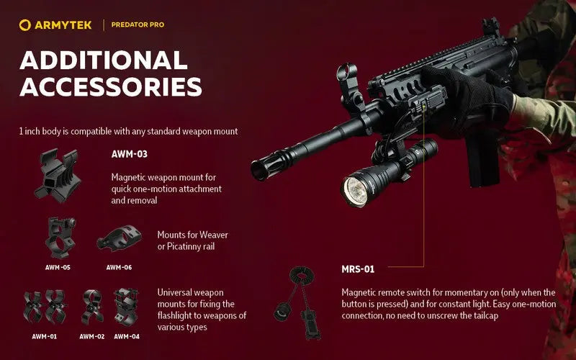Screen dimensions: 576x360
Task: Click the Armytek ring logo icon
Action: point(25,25)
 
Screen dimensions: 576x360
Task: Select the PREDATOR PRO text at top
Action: point(138,25)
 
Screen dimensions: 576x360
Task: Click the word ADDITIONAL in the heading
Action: point(104,60)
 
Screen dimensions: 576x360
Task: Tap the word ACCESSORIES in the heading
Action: point(111,86)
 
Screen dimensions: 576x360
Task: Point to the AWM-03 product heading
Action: point(130,154)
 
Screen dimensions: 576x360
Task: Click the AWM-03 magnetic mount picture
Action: point(58,176)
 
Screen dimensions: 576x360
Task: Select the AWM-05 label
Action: point(58,267)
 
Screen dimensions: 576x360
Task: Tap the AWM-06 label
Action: point(119,267)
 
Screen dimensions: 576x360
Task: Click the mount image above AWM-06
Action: point(119,238)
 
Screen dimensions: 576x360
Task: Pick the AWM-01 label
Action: point(45,336)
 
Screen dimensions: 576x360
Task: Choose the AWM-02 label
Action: point(92,336)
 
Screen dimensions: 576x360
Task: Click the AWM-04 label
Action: point(127,336)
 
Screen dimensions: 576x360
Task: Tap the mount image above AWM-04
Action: point(126,307)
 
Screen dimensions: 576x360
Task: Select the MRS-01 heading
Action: point(358,269)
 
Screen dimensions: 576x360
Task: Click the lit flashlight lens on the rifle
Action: point(355,191)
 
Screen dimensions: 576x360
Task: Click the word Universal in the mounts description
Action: point(172,292)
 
